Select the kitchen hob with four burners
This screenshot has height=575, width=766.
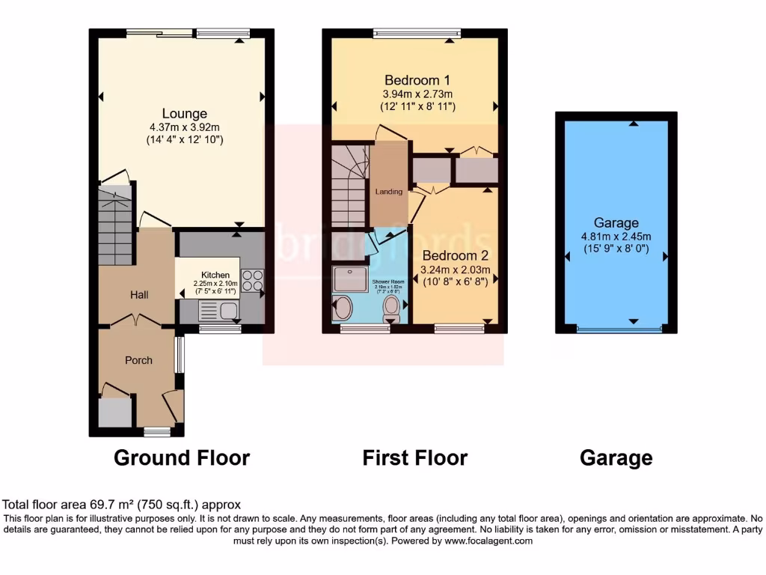tap(252, 279)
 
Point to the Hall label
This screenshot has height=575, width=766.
tap(138, 295)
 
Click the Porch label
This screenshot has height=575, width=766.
tap(138, 360)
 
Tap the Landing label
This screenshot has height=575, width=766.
tap(389, 192)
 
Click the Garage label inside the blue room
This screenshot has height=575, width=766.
tap(616, 222)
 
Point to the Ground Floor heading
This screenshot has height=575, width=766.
tap(182, 457)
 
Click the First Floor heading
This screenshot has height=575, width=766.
tap(415, 457)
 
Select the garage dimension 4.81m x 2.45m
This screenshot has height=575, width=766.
tap(616, 237)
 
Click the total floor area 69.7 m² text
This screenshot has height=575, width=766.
tap(122, 505)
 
